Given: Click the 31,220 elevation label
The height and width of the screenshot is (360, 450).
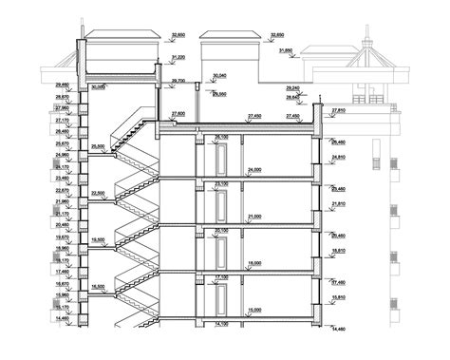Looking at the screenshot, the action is tap(178, 58).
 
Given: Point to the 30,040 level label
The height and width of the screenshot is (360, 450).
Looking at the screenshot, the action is tap(220, 75).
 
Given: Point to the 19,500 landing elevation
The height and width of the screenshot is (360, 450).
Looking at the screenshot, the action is tap(98, 239).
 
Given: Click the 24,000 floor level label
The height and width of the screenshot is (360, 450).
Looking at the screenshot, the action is tap(253, 168).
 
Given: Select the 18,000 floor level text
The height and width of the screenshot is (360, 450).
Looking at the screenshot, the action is tap(253, 262).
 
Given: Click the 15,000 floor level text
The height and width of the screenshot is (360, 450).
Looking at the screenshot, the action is tap(253, 309).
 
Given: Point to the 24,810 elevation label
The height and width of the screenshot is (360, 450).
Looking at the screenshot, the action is tap(339, 158).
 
